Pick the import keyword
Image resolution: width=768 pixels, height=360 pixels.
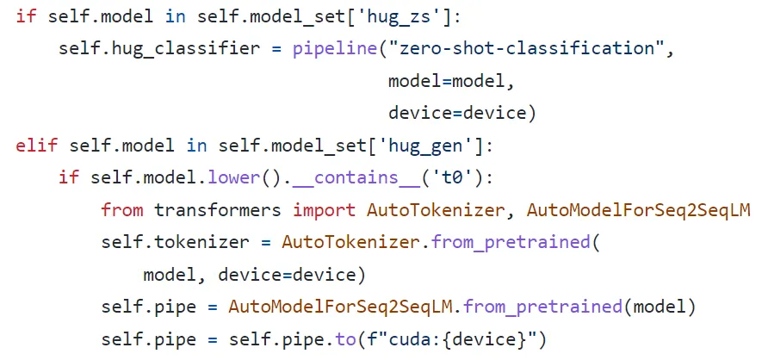click(x=325, y=209)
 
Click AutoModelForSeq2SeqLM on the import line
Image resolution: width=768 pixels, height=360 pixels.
click(x=638, y=209)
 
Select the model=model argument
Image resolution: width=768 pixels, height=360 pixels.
click(x=451, y=81)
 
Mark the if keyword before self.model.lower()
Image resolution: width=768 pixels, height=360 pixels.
click(x=69, y=177)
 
